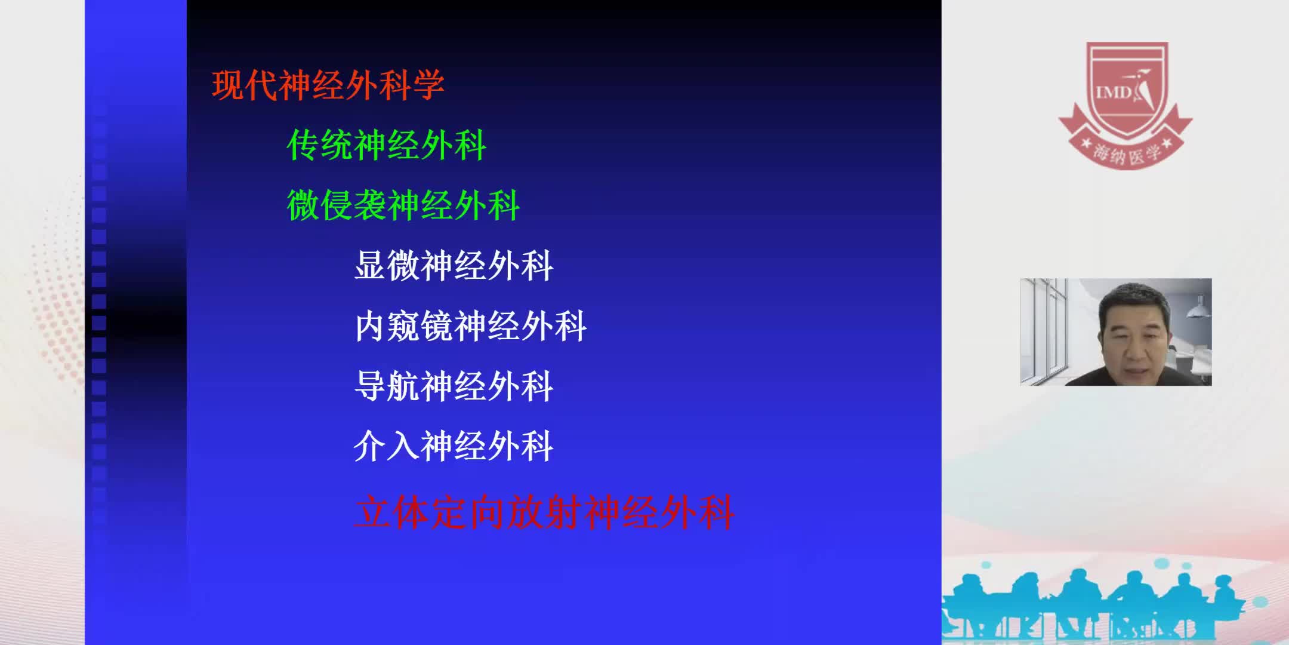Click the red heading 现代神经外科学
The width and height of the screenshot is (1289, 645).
(328, 85)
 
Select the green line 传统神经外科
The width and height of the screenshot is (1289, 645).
(386, 145)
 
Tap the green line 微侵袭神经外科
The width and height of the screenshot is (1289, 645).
(403, 205)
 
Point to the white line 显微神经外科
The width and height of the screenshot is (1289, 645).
(454, 266)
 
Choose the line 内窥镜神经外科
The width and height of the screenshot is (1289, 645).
(470, 326)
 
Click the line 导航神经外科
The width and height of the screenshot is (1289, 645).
(454, 386)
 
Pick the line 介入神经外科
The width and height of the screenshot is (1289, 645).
(454, 446)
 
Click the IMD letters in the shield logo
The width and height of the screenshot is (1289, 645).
(1113, 93)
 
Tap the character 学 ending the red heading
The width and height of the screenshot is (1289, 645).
(428, 85)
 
